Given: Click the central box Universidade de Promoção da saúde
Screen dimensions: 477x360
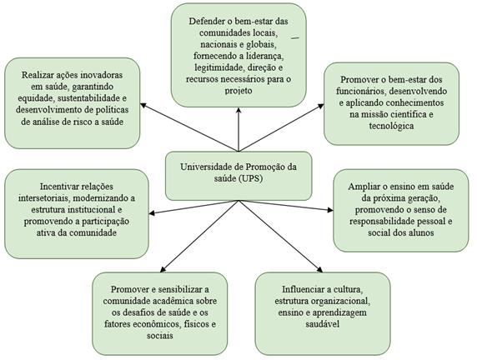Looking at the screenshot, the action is point(238,176).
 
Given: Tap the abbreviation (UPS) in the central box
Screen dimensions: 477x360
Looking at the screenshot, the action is point(251,179).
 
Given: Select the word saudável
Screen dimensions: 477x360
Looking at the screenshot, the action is point(323,324).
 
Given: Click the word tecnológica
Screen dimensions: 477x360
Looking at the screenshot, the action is point(391,126).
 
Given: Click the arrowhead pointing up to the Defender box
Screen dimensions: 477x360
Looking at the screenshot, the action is point(238,110).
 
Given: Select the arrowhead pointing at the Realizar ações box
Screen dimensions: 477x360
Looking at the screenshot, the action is point(143,105).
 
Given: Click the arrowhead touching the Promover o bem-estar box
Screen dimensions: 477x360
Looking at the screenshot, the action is point(320,106).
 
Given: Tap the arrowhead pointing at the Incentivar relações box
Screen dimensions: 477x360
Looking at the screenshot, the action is point(152,213).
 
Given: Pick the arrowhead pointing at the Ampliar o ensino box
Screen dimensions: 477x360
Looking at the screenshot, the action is point(329,210).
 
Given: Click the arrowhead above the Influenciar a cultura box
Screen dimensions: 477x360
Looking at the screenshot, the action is point(319,269).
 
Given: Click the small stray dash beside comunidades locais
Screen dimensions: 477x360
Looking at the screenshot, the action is point(295,37).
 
